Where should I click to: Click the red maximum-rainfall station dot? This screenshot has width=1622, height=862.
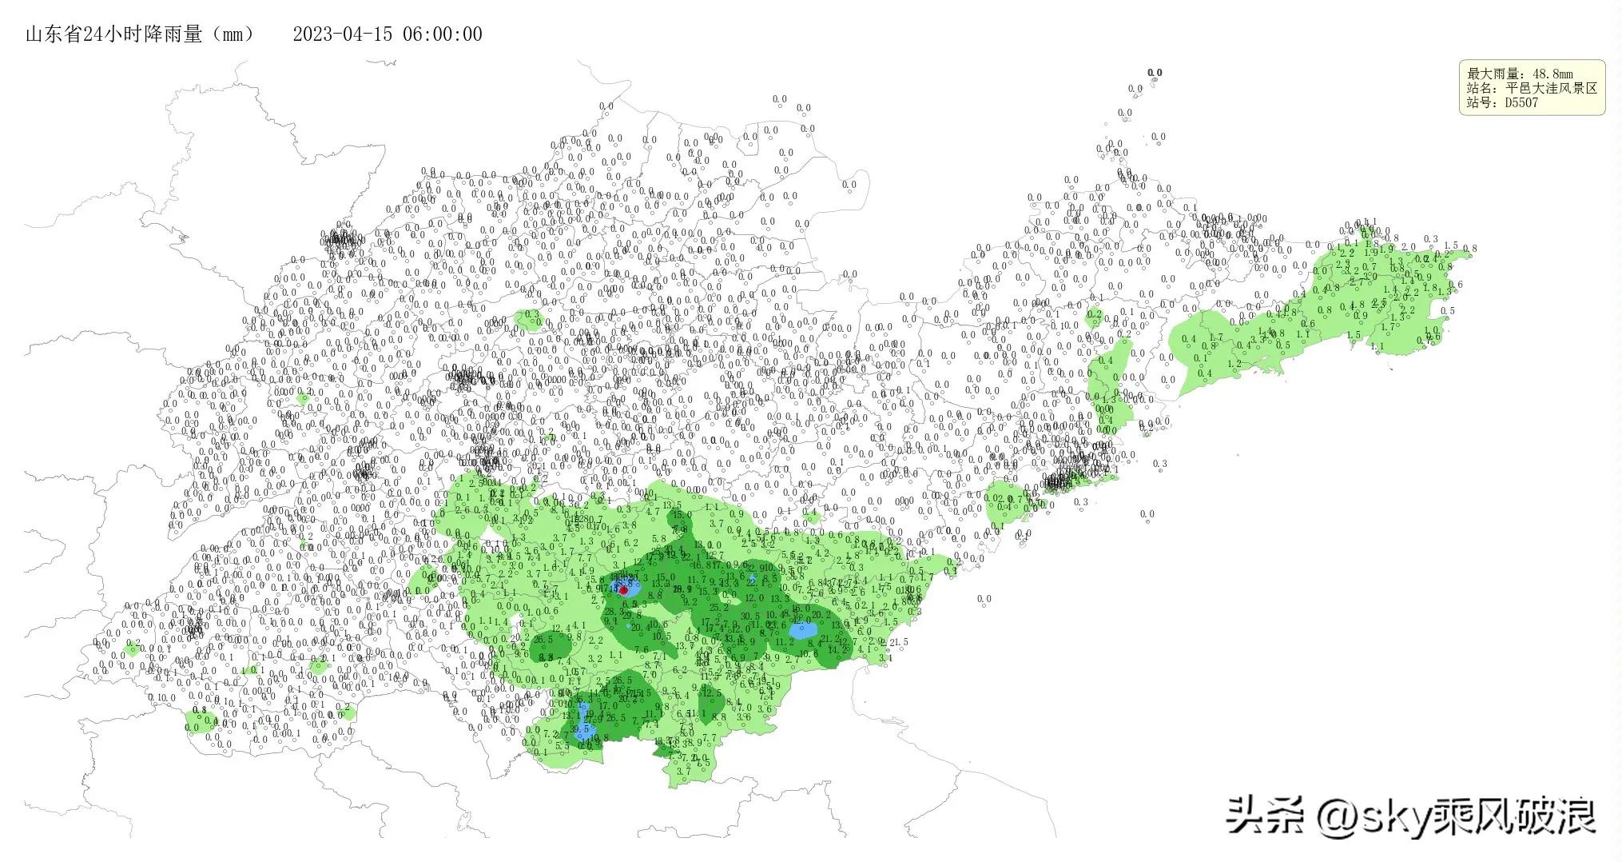point(624,590)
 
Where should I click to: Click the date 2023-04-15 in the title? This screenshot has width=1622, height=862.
point(342,34)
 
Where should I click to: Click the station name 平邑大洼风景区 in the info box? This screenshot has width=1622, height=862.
point(1551,89)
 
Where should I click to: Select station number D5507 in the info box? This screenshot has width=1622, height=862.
point(1521,103)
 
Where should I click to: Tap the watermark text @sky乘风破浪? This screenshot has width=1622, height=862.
point(1454,816)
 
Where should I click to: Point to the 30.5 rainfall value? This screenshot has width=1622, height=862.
point(750,616)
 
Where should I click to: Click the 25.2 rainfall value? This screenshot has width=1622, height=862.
point(718,608)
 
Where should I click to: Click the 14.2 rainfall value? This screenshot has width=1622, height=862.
point(837,650)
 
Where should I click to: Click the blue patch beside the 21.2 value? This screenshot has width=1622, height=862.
point(801,630)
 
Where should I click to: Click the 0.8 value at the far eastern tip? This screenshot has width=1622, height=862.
point(1469,249)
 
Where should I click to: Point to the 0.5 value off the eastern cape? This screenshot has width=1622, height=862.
point(1449,311)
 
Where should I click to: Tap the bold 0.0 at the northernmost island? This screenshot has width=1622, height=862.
point(1155,73)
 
